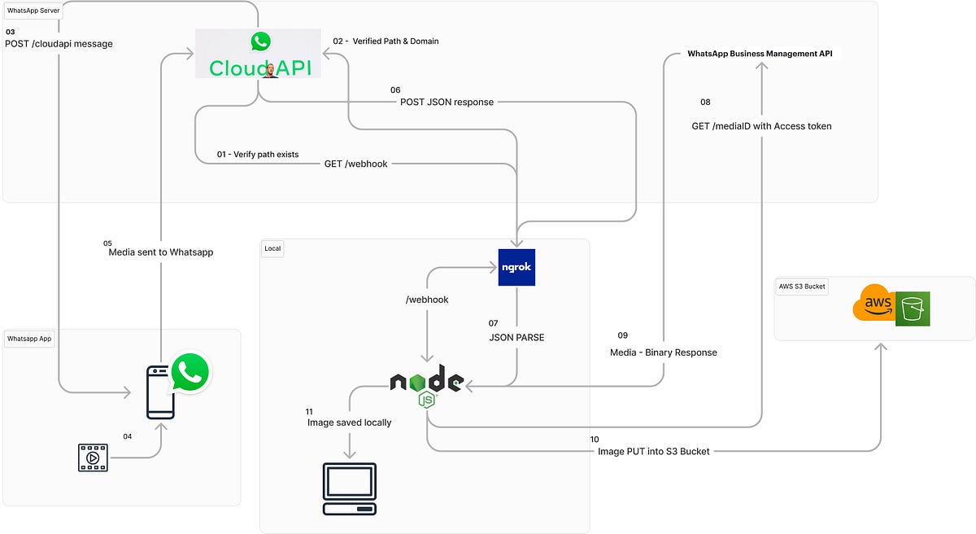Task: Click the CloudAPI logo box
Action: click(x=258, y=54)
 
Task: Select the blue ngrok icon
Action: click(x=516, y=267)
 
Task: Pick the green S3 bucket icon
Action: click(x=913, y=309)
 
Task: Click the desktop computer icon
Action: click(x=349, y=488)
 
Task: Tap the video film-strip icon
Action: click(x=92, y=457)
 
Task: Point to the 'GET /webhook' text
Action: click(x=356, y=164)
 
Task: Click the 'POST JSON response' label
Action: click(x=447, y=102)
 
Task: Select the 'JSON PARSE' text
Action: click(x=516, y=337)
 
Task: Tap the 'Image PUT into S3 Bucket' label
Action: click(x=654, y=451)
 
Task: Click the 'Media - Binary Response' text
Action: click(x=663, y=352)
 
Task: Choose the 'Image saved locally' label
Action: click(x=349, y=422)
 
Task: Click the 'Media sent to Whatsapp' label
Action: click(x=161, y=252)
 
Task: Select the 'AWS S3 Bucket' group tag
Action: click(x=803, y=287)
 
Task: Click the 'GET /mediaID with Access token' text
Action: click(x=761, y=126)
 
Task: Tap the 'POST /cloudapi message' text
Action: click(x=59, y=44)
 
